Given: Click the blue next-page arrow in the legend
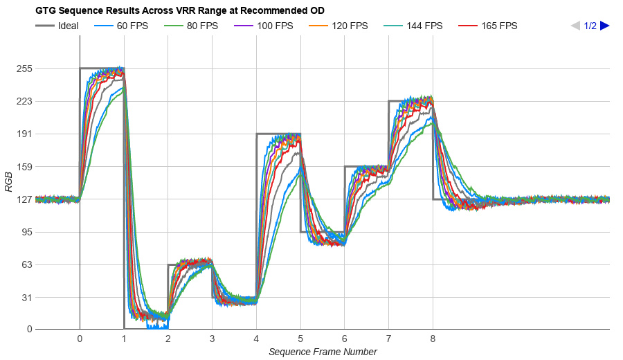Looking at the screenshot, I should [x=605, y=26].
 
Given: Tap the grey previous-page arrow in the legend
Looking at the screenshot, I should [x=575, y=26].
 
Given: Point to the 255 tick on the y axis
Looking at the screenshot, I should [x=26, y=69].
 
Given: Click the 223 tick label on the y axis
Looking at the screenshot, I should [x=26, y=101].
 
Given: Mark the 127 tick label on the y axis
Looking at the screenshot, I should [x=26, y=199].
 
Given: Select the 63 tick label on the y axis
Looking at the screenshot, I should [x=27, y=264].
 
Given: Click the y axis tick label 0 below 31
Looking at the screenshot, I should [x=30, y=330].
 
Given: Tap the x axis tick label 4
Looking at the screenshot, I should [x=256, y=339].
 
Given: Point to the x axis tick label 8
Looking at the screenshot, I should [x=433, y=339].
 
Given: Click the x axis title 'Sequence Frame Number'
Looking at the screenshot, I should [x=323, y=352].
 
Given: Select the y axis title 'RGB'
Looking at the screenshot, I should [x=8, y=181].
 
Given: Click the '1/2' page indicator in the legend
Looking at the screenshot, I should [x=590, y=26].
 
